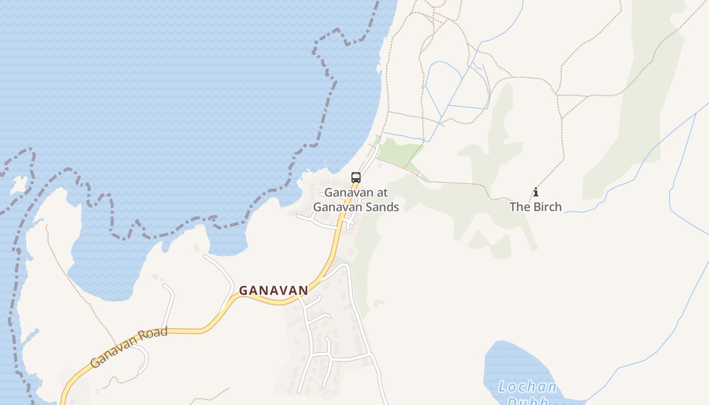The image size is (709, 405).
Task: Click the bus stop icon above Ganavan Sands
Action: pos(356,178)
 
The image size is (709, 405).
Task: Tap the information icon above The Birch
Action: pos(536,192)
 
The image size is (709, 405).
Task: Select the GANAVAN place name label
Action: pos(273,291)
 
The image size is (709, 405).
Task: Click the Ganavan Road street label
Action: pos(129,347)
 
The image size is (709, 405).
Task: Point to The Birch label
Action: pos(535,207)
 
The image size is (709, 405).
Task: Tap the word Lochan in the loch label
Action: pos(527,387)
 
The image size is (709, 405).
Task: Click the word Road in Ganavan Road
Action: pos(154,336)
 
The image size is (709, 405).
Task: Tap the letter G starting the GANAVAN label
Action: pos(243,291)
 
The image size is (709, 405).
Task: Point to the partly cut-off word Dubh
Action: pos(527,401)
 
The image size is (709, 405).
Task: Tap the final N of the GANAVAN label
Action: pos(303,291)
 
